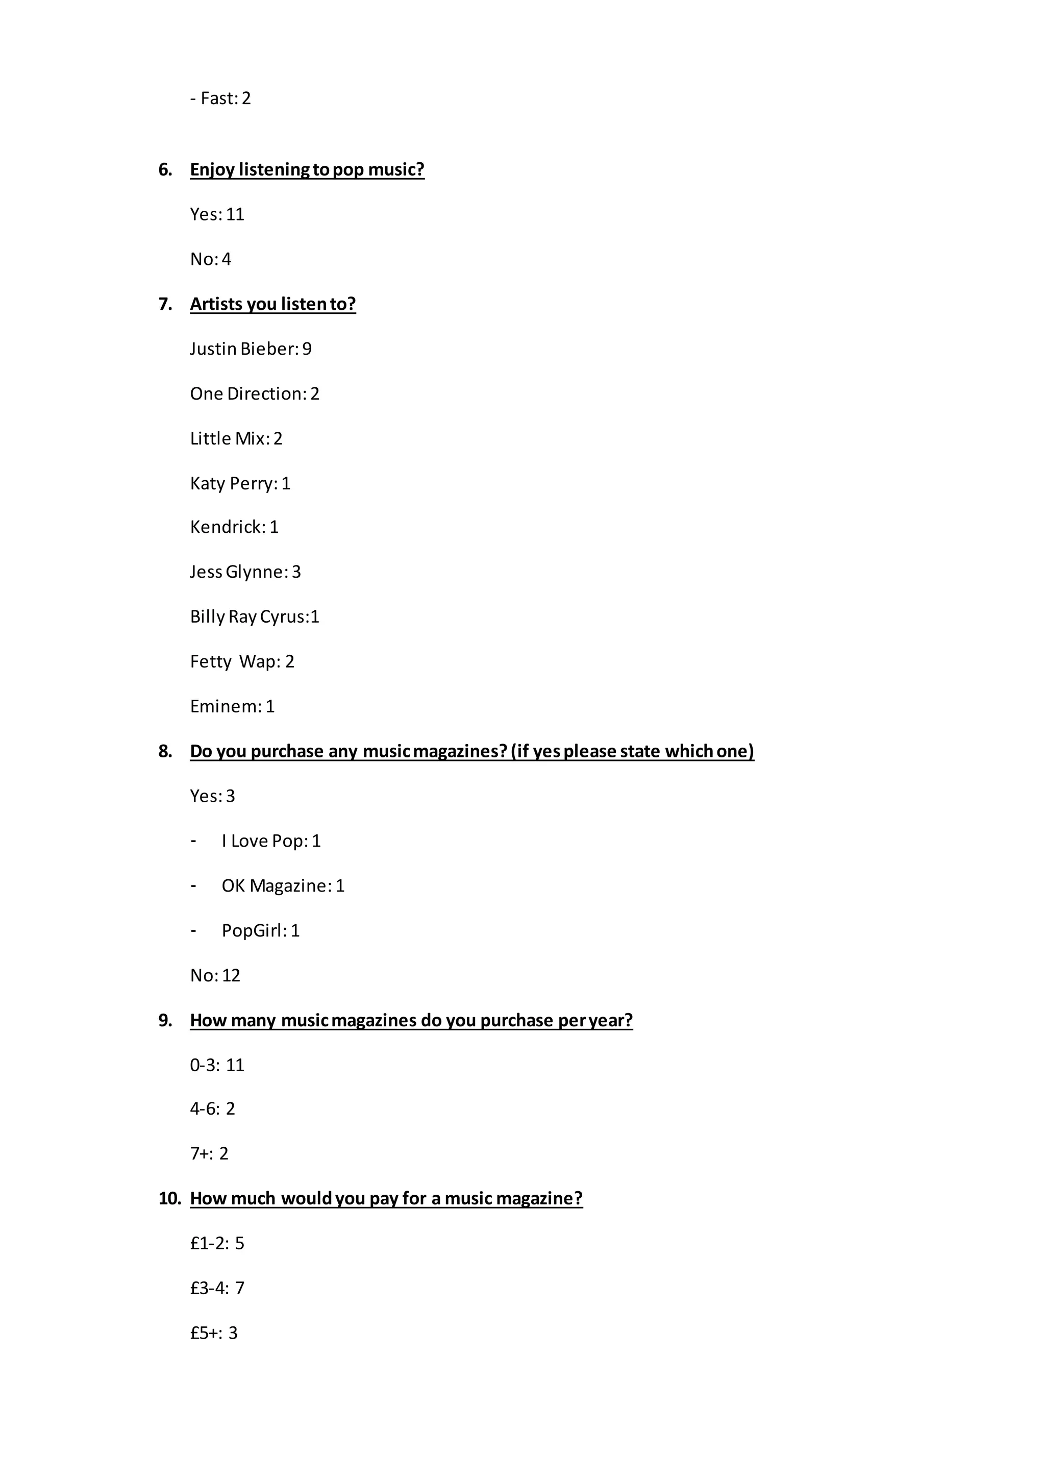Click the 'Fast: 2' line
click(x=220, y=98)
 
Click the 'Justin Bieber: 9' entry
click(x=250, y=349)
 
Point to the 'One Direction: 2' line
click(x=255, y=394)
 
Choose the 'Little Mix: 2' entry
click(x=236, y=438)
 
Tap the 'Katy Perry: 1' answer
click(x=240, y=483)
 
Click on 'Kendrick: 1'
click(x=234, y=527)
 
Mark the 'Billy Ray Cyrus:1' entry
click(x=255, y=617)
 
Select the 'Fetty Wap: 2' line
click(x=242, y=662)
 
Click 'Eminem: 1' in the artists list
click(x=232, y=706)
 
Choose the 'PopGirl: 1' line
click(x=260, y=931)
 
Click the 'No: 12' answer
click(x=215, y=975)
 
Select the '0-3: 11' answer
click(x=217, y=1065)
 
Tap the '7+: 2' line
click(x=209, y=1153)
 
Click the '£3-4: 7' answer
click(x=217, y=1288)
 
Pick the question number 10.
click(x=169, y=1198)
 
